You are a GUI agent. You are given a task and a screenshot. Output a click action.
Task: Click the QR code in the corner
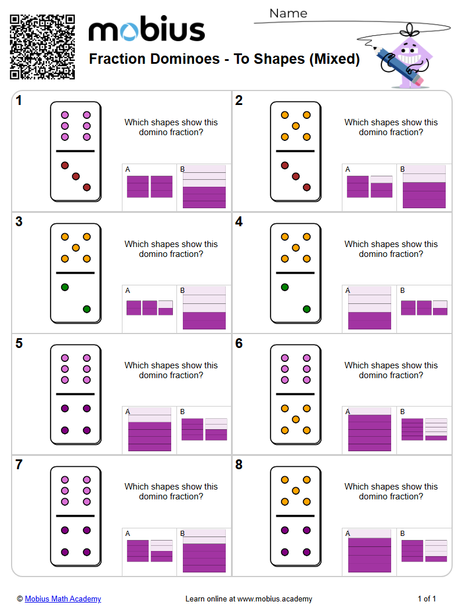pos(42,46)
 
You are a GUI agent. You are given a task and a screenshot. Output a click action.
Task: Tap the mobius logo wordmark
pos(146,30)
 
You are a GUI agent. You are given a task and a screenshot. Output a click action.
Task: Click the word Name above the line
pos(288,13)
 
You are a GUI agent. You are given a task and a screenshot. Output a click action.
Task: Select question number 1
pos(19,101)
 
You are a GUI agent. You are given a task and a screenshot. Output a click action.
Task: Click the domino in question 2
pos(295,151)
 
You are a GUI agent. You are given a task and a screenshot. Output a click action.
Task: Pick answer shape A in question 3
pos(149,307)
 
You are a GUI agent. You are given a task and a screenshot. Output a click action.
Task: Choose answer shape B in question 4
pos(424,307)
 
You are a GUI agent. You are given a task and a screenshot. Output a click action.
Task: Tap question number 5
pos(19,344)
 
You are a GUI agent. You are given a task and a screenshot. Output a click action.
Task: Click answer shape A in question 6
pos(369,429)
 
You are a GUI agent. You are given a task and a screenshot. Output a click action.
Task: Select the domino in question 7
pos(75,516)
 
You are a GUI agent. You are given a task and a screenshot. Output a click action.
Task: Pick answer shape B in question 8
pos(424,550)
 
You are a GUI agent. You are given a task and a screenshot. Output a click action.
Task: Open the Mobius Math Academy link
pos(63,599)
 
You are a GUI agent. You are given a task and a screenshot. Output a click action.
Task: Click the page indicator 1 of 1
pos(427,599)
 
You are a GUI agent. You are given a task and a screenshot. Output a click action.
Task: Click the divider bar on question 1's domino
pos(75,151)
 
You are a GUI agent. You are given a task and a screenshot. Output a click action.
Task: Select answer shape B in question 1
pos(204,186)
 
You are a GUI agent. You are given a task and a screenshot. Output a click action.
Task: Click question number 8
pos(239,465)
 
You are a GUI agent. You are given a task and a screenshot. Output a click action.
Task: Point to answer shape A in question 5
pos(149,429)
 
